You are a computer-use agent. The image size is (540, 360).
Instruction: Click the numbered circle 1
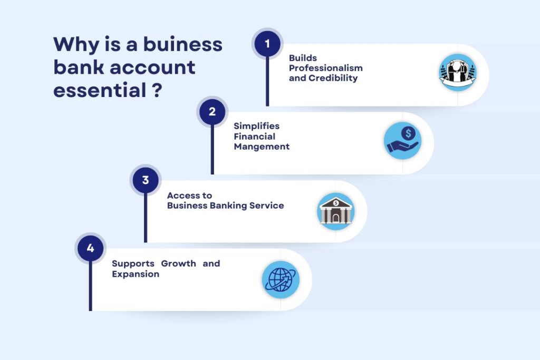pyautogui.click(x=267, y=44)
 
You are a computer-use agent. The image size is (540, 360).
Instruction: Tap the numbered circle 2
pyautogui.click(x=212, y=112)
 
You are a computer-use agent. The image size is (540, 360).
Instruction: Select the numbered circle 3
pyautogui.click(x=146, y=180)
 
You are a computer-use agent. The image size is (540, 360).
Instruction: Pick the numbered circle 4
pyautogui.click(x=90, y=248)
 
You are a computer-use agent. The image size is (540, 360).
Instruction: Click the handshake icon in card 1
pyautogui.click(x=458, y=73)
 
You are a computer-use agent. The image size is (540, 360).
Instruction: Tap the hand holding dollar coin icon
pyautogui.click(x=402, y=140)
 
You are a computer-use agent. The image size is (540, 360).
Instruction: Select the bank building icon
pyautogui.click(x=336, y=211)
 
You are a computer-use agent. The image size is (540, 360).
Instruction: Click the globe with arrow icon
pyautogui.click(x=281, y=279)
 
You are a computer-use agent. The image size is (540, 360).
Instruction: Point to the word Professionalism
pyautogui.click(x=326, y=68)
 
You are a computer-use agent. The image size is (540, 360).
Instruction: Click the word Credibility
pyautogui.click(x=333, y=78)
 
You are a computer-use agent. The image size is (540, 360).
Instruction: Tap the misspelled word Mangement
pyautogui.click(x=262, y=147)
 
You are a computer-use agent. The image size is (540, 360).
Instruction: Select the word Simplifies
pyautogui.click(x=257, y=126)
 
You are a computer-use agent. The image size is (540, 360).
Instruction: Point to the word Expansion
pyautogui.click(x=136, y=274)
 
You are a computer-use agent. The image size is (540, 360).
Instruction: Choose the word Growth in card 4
pyautogui.click(x=178, y=264)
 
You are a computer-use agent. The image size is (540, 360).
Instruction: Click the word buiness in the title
pyautogui.click(x=183, y=44)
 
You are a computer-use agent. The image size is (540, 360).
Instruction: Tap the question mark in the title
pyautogui.click(x=157, y=90)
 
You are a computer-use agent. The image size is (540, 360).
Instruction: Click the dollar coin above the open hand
pyautogui.click(x=409, y=133)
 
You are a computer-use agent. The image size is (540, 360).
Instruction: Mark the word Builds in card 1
pyautogui.click(x=303, y=58)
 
